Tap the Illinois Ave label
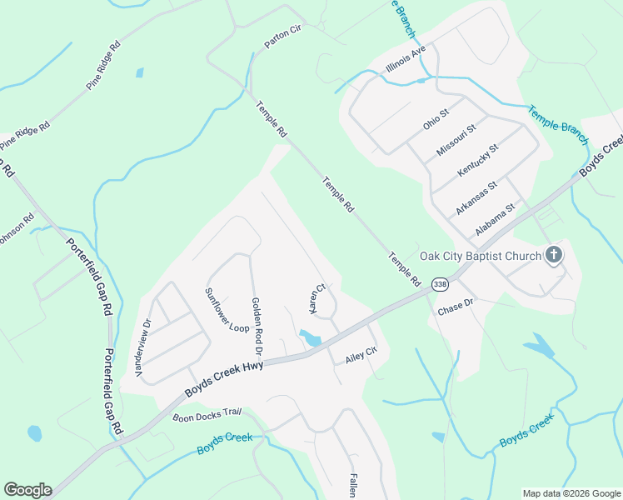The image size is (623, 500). click(x=406, y=59)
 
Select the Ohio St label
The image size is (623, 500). click(x=436, y=118)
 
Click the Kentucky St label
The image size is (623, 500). click(x=477, y=160)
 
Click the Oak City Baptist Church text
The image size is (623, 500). click(x=480, y=256)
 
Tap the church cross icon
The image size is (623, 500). click(x=555, y=255)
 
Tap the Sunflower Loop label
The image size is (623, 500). click(x=227, y=310)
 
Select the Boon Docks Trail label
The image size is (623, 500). click(x=207, y=414)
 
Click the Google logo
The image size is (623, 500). click(x=27, y=490)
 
